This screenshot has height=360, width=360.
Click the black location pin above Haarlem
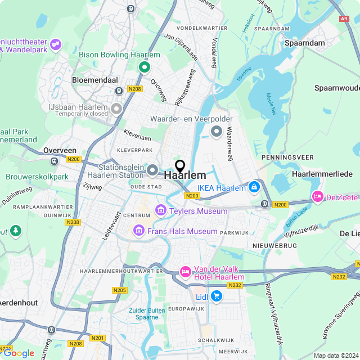point(180,166)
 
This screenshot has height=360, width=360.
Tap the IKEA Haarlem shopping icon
point(254,187)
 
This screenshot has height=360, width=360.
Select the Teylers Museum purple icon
point(161,211)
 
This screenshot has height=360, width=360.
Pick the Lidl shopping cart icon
point(217,296)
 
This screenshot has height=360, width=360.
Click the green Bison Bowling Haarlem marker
point(144,67)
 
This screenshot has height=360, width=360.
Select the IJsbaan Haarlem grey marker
point(116,108)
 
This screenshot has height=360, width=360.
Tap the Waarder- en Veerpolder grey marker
point(217,132)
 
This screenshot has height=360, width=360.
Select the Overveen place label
point(60,151)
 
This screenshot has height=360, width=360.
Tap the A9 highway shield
point(344,19)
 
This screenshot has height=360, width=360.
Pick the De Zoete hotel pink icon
point(317,197)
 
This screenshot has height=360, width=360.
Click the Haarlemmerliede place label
point(322,174)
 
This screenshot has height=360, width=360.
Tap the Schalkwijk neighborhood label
point(217,340)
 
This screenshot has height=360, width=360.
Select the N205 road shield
point(119,290)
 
